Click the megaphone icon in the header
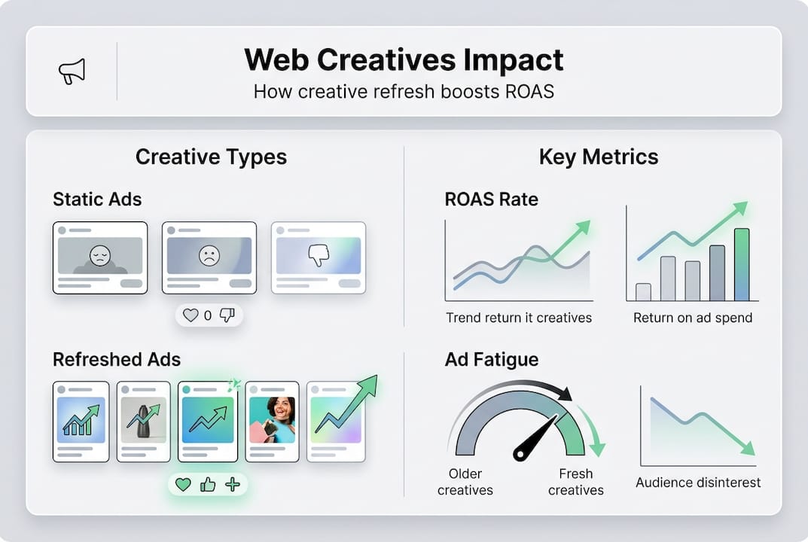(72, 72)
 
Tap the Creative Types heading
(211, 157)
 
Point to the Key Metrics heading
(599, 157)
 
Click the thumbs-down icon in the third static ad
(319, 256)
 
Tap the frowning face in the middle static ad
(209, 256)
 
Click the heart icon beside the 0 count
(191, 315)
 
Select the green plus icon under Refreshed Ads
(233, 484)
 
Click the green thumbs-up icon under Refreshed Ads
(208, 484)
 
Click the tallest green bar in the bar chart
(742, 264)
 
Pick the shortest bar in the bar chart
(643, 291)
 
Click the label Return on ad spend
(692, 318)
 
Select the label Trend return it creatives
(519, 318)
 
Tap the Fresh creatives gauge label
(575, 482)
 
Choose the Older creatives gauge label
(465, 482)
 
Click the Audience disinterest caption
(698, 483)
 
